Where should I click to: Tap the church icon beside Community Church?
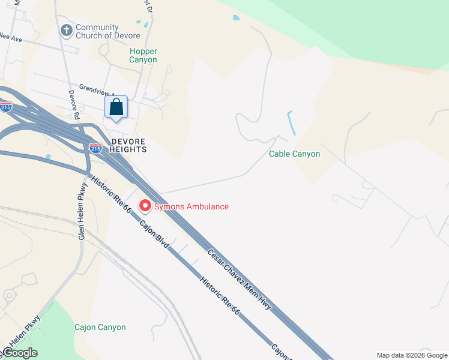(x=66, y=29)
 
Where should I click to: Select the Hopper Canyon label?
(x=143, y=55)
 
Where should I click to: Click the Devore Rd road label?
(x=74, y=104)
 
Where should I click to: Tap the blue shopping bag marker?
(x=116, y=108)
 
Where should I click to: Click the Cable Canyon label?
(x=294, y=154)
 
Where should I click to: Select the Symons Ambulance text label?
(x=191, y=206)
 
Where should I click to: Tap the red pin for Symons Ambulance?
(x=145, y=206)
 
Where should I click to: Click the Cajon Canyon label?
(x=100, y=327)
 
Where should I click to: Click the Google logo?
(x=20, y=353)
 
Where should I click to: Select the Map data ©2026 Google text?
(x=412, y=355)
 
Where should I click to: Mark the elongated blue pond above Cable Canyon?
(x=292, y=123)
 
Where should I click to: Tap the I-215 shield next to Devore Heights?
(x=95, y=148)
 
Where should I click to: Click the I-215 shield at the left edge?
(x=5, y=107)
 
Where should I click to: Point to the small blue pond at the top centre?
(x=236, y=18)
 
